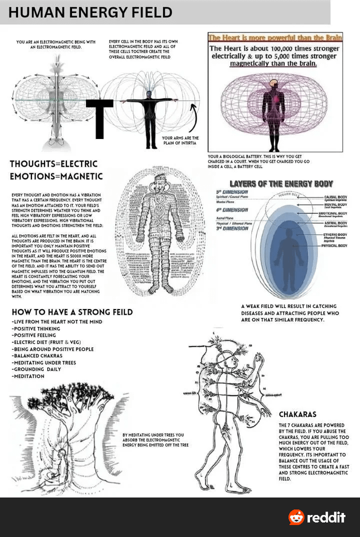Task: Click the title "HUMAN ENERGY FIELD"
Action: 90,12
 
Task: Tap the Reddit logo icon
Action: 296,517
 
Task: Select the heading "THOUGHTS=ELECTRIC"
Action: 53,164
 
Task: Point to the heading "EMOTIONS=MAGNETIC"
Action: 56,176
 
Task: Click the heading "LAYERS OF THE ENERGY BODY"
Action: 281,184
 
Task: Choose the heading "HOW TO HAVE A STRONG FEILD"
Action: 72,312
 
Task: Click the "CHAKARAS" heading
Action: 298,414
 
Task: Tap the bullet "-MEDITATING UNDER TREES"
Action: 44,363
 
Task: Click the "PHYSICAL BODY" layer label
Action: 334,245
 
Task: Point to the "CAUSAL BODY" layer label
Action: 335,197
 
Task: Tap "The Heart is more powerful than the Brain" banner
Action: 275,38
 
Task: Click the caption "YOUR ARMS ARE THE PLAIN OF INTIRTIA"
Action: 180,140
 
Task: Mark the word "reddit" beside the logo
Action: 326,518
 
